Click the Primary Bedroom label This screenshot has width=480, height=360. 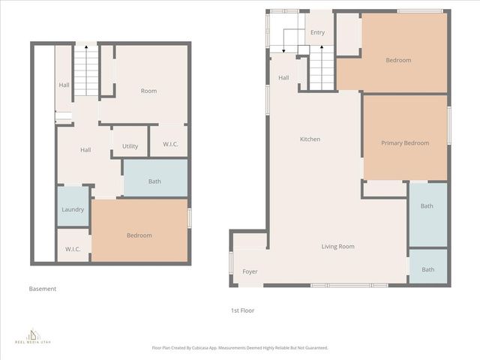(x=405, y=143)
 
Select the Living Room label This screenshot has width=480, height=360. (x=337, y=247)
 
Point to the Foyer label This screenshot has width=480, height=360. (x=250, y=271)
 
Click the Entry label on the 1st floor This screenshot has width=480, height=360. (x=317, y=32)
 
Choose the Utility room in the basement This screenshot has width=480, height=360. (x=130, y=146)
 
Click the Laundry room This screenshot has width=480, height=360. (x=73, y=209)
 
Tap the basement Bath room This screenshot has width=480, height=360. (x=154, y=181)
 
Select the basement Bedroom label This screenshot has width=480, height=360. (x=139, y=235)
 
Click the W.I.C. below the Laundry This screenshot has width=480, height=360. (x=73, y=249)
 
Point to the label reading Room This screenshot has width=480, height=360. (x=148, y=91)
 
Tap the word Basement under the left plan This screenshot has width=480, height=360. (x=43, y=289)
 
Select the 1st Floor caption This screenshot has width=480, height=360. (x=242, y=310)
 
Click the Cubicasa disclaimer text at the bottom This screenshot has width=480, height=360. (x=240, y=347)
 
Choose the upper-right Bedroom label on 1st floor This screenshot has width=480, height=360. (x=398, y=60)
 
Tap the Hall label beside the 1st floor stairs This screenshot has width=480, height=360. (x=283, y=78)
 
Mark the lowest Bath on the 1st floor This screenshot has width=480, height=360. (x=427, y=270)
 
